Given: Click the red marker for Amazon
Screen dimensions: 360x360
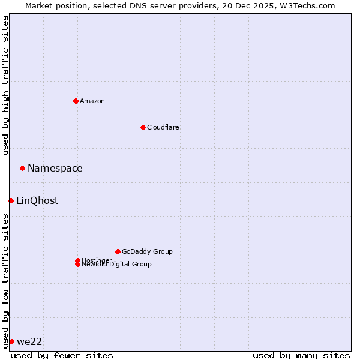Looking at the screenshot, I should [76, 101].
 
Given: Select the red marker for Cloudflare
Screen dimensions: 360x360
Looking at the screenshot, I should [143, 127].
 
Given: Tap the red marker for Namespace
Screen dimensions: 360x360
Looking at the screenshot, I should [22, 168].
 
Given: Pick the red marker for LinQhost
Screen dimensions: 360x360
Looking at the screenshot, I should [11, 200].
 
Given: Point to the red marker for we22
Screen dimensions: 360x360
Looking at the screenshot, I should [11, 341].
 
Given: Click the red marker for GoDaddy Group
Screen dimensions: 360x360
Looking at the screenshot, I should [118, 251].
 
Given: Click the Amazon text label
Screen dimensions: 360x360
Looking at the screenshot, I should [92, 101].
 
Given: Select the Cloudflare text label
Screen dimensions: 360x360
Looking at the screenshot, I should [163, 127].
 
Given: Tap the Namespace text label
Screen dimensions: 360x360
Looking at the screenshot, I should [55, 168].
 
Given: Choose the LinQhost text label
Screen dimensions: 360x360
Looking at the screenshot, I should [37, 200].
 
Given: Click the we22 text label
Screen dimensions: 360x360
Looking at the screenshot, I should [29, 341].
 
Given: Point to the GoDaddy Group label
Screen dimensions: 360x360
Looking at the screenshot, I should [147, 251].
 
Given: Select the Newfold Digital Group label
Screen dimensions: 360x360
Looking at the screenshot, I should [117, 265].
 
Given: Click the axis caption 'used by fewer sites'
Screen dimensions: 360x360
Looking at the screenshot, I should [62, 355].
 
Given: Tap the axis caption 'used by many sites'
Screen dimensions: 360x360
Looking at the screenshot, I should [301, 355].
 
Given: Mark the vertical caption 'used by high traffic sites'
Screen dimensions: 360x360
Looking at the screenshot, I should [5, 85].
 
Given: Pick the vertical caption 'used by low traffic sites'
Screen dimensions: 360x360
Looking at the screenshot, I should [5, 281].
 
